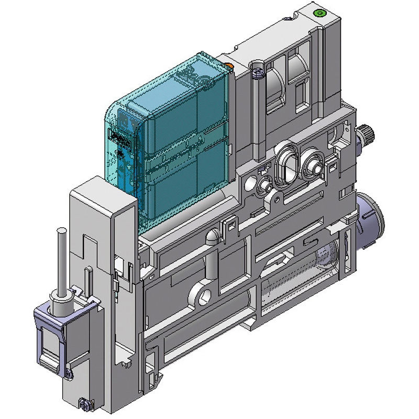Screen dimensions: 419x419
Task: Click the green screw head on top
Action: [x=318, y=13]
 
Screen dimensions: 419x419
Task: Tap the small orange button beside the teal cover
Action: [x=229, y=65]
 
